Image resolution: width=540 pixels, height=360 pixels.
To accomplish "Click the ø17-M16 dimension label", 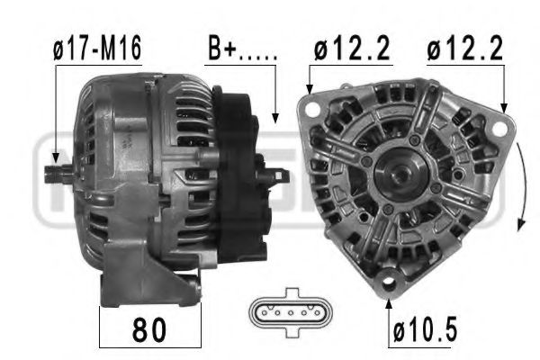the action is (x=97, y=49).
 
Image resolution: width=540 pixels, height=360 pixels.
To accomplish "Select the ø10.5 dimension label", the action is (x=426, y=330).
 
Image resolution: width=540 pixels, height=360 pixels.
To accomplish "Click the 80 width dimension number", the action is (x=149, y=330).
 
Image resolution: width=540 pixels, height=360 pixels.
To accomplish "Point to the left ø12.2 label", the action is (x=352, y=49).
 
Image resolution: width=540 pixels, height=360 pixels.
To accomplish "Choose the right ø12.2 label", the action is (x=465, y=49).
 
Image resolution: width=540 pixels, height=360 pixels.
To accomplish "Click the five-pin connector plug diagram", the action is (x=291, y=312).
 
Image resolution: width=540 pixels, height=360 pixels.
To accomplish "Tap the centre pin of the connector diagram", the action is (x=291, y=313).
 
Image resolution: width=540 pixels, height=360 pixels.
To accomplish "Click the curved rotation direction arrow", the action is (x=523, y=186).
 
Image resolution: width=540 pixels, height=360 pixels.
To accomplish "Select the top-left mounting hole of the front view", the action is (x=312, y=109).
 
